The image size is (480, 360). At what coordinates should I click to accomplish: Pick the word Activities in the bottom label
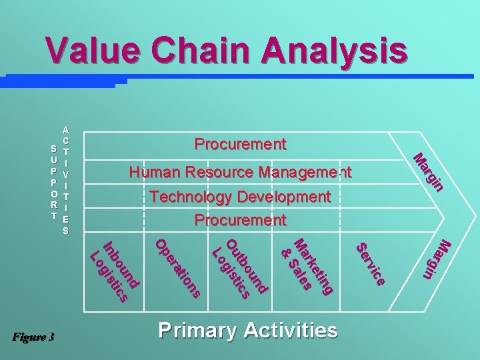[x=290, y=330]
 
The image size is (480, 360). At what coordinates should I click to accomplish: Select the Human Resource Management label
[x=240, y=173]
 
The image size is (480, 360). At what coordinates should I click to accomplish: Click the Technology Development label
[x=240, y=197]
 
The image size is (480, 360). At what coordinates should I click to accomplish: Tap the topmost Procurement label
[x=240, y=144]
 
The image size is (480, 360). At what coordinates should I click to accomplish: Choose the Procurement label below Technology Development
[x=240, y=220]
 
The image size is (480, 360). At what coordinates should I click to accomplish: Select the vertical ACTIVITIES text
[x=65, y=180]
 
